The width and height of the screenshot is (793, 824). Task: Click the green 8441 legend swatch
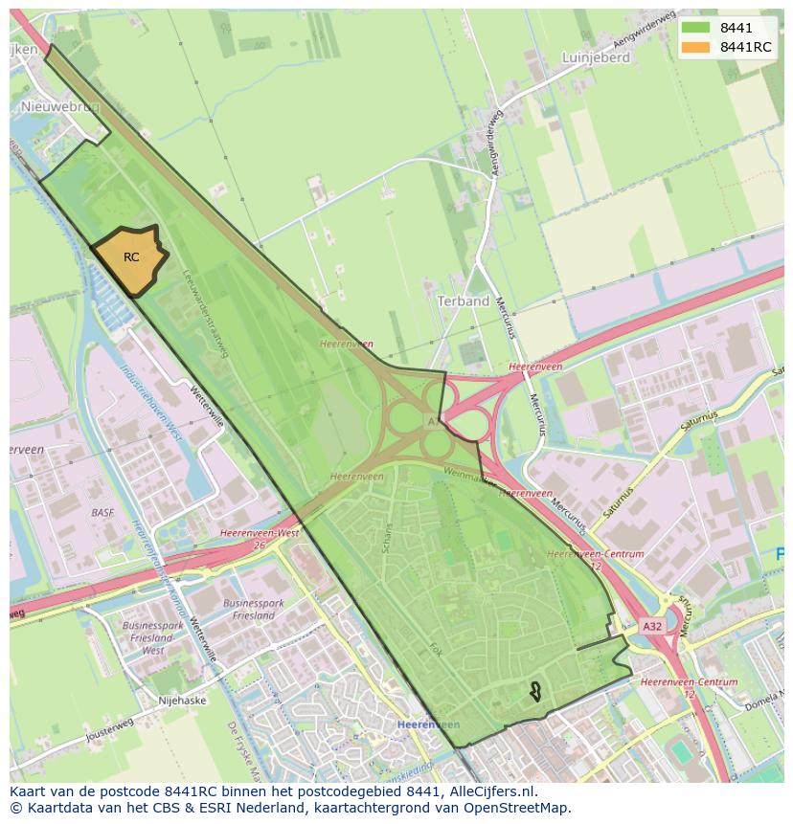(696, 29)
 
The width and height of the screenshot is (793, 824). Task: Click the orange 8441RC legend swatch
(696, 47)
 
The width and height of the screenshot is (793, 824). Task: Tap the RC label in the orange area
(131, 257)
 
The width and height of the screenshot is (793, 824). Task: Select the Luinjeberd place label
(596, 57)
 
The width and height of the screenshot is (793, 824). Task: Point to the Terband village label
(464, 301)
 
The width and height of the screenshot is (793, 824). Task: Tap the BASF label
(102, 513)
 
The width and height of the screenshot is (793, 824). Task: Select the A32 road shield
(651, 626)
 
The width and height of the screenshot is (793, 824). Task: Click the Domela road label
(762, 702)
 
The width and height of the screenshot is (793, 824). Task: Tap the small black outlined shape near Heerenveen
(535, 691)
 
